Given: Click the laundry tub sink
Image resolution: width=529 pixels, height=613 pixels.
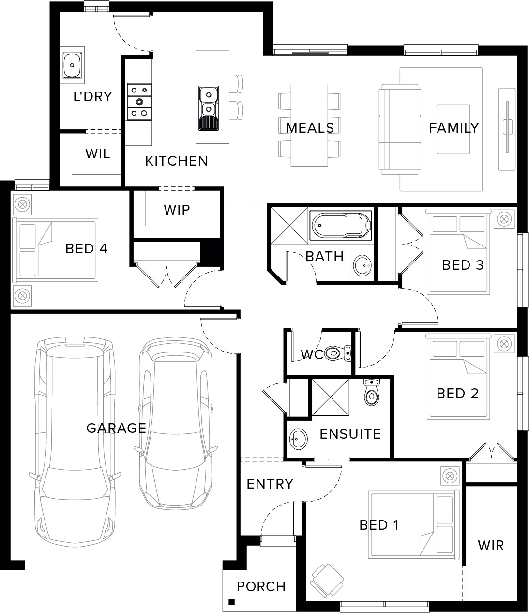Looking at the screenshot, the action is (72, 65).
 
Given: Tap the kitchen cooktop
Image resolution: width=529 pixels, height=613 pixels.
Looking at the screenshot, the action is (139, 102).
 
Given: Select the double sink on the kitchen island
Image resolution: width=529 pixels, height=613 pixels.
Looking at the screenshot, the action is (209, 108).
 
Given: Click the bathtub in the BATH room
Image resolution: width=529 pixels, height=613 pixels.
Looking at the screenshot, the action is (341, 225).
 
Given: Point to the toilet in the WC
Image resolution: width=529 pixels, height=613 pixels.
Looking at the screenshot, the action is (338, 353).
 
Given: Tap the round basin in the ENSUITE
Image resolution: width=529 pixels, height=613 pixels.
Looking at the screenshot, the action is (298, 439).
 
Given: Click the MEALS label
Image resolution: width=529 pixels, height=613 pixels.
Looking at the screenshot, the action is (310, 128).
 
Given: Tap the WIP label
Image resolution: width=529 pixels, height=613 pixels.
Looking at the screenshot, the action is (177, 210).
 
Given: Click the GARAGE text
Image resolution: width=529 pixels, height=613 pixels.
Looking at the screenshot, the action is (116, 428).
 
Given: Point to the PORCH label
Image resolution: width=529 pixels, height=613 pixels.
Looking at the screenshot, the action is (261, 586).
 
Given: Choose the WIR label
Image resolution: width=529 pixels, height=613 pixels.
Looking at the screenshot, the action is (491, 545).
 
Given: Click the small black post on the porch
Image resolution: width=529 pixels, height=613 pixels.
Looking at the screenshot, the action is (232, 602).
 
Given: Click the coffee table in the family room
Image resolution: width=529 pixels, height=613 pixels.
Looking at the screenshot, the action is (453, 129).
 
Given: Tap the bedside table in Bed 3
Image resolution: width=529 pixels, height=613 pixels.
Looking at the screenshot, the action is (504, 219).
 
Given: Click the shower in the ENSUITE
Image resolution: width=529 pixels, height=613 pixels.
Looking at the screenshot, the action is (331, 398).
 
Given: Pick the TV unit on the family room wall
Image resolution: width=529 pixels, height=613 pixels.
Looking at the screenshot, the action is (507, 129).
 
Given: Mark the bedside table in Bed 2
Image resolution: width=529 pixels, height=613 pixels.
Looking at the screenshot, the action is (504, 344).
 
